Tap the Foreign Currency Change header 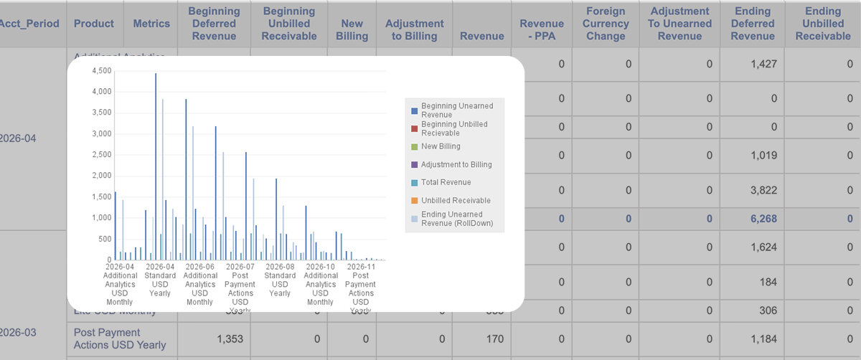click(606, 24)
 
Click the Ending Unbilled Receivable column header click(822, 24)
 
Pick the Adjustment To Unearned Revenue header click(679, 24)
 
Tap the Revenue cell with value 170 click(494, 338)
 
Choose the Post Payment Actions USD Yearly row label click(120, 338)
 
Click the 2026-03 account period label click(17, 333)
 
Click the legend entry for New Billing click(440, 146)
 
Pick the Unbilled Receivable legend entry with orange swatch click(455, 200)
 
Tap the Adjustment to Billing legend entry click(456, 164)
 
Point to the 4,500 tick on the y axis click(101, 70)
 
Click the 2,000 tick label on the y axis click(101, 176)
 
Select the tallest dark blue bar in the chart click(156, 165)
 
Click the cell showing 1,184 click(762, 338)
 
